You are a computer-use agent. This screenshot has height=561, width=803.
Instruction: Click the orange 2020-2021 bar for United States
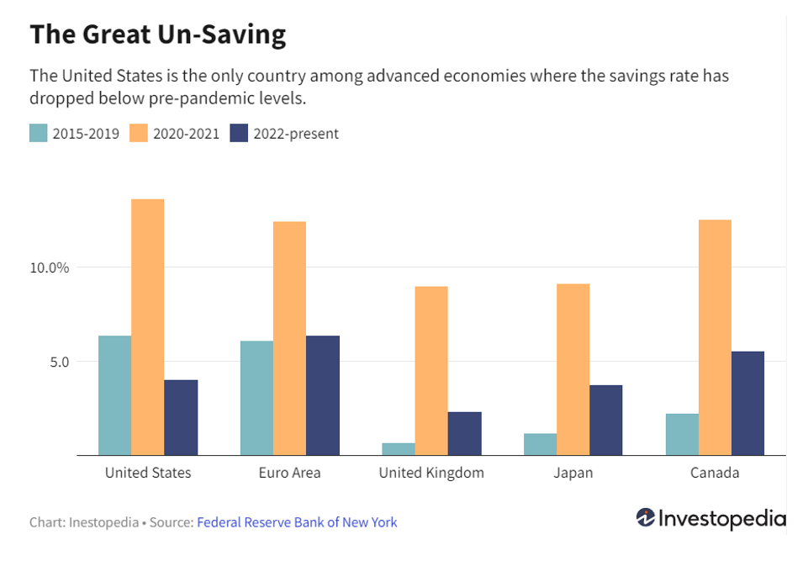(x=147, y=327)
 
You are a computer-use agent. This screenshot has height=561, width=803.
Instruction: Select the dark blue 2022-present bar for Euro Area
(x=323, y=395)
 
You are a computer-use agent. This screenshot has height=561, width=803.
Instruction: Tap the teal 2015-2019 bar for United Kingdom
(x=398, y=448)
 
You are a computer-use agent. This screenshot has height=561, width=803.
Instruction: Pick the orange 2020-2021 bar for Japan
(x=573, y=369)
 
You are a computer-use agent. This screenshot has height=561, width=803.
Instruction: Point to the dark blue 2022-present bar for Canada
(x=748, y=403)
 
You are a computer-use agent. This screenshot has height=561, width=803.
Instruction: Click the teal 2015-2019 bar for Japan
(x=540, y=444)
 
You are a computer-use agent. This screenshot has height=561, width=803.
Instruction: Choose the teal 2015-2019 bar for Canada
(x=682, y=434)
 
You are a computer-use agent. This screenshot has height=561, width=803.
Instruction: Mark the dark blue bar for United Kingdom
(x=464, y=433)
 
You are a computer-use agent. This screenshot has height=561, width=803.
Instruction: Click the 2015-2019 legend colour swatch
(x=39, y=133)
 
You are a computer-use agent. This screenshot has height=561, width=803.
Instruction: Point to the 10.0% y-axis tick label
(x=50, y=267)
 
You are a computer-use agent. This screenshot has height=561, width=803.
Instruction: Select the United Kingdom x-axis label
(x=431, y=473)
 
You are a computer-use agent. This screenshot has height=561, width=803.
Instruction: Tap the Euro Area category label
(x=289, y=473)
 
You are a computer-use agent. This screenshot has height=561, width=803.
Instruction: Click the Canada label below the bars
(x=715, y=473)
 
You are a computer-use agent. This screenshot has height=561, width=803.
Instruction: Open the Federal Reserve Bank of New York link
(x=297, y=522)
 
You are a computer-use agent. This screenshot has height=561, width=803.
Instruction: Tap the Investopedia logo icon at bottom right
(x=646, y=518)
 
